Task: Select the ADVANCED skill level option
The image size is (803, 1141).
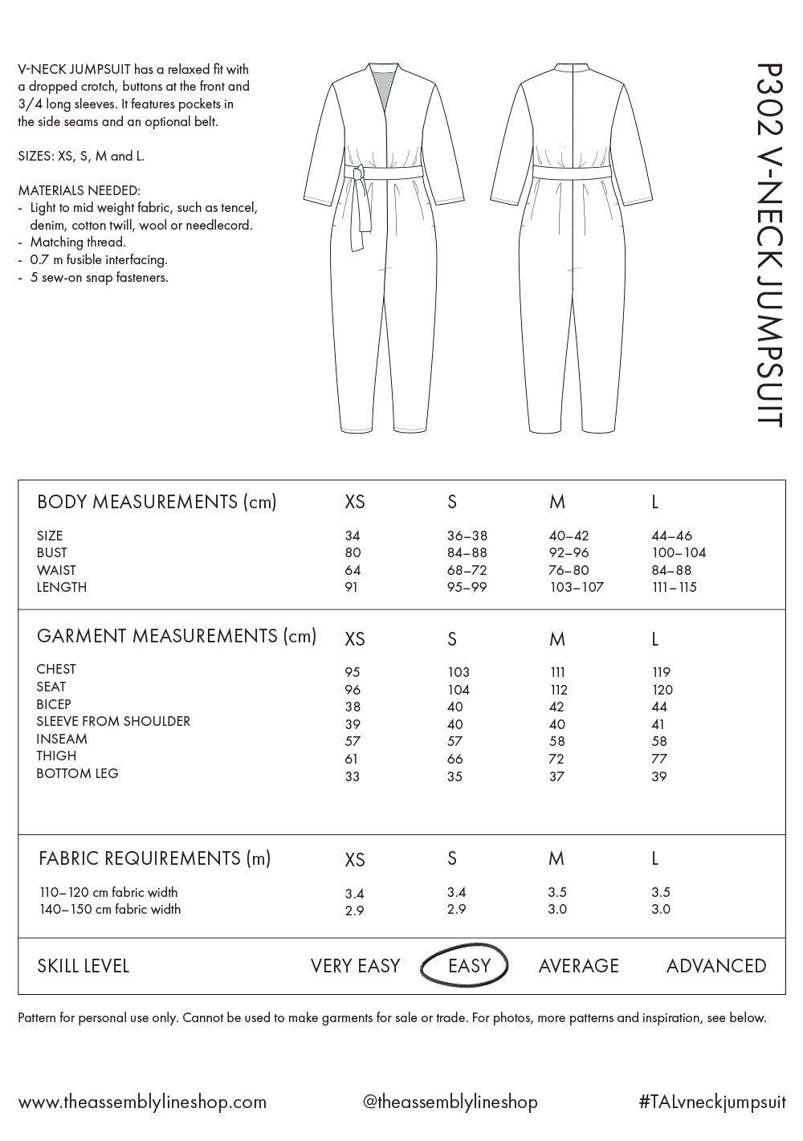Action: [715, 966]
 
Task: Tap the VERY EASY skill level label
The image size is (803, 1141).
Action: [355, 966]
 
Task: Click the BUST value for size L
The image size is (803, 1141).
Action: [679, 552]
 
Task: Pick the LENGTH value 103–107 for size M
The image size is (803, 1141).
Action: [576, 587]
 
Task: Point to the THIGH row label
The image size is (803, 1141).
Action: [56, 756]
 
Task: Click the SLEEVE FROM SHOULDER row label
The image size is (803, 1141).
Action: [113, 721]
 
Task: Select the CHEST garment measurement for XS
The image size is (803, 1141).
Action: [353, 672]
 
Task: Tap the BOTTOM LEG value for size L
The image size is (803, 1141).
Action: [659, 776]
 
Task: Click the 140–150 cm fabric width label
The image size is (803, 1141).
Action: [110, 909]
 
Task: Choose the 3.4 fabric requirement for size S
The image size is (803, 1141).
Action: [456, 892]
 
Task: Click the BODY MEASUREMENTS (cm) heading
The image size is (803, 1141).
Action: [157, 502]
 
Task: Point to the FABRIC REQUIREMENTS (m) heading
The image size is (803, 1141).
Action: [154, 858]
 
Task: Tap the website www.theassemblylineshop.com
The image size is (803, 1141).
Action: [142, 1102]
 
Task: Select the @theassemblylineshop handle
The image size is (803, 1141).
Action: [450, 1102]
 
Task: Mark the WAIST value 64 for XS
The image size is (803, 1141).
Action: [353, 570]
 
